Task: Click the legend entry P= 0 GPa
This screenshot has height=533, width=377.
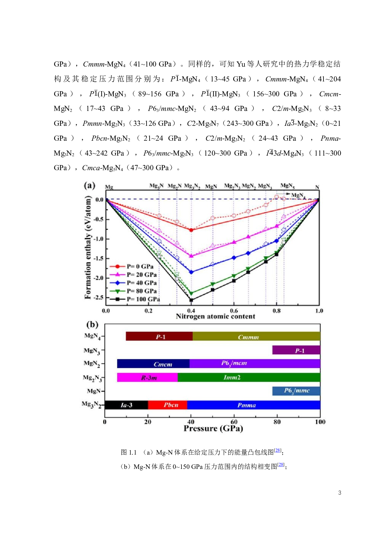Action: [140, 266]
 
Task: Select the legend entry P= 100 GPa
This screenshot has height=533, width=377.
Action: [143, 299]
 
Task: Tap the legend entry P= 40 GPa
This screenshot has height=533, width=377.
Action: [141, 283]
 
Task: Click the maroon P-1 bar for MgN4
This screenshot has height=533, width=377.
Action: [159, 336]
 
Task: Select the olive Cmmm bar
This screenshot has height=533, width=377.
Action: [256, 336]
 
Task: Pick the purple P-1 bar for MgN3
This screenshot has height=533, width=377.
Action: [296, 350]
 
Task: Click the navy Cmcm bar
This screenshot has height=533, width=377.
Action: [153, 364]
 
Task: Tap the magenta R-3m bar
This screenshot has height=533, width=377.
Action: [147, 377]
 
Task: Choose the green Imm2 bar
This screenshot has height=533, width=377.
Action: [249, 377]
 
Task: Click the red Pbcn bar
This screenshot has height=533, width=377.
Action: [168, 405]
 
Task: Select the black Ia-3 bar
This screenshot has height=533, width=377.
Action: [126, 405]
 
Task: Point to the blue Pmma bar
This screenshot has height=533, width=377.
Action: [254, 405]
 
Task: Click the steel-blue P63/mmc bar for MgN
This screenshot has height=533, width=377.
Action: [296, 391]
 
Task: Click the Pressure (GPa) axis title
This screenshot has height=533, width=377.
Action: [213, 429]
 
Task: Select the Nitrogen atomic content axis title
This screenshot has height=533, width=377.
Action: [216, 317]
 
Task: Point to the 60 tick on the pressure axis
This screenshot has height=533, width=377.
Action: [234, 422]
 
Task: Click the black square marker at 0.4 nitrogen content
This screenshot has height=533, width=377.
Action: [191, 300]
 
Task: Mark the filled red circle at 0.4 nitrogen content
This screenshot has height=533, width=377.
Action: [191, 230]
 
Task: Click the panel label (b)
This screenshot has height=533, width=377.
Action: [92, 325]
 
